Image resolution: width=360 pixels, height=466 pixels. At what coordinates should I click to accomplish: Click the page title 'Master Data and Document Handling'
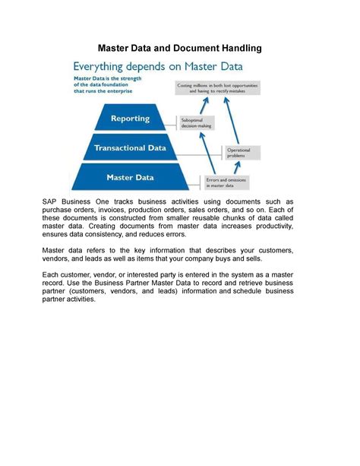pyautogui.click(x=180, y=48)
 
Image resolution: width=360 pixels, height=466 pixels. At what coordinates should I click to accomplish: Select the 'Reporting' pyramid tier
pyautogui.click(x=131, y=119)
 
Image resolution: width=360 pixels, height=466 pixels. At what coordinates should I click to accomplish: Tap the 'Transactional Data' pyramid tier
pyautogui.click(x=130, y=148)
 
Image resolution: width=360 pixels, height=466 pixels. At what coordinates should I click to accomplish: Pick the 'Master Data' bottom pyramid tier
pyautogui.click(x=130, y=177)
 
